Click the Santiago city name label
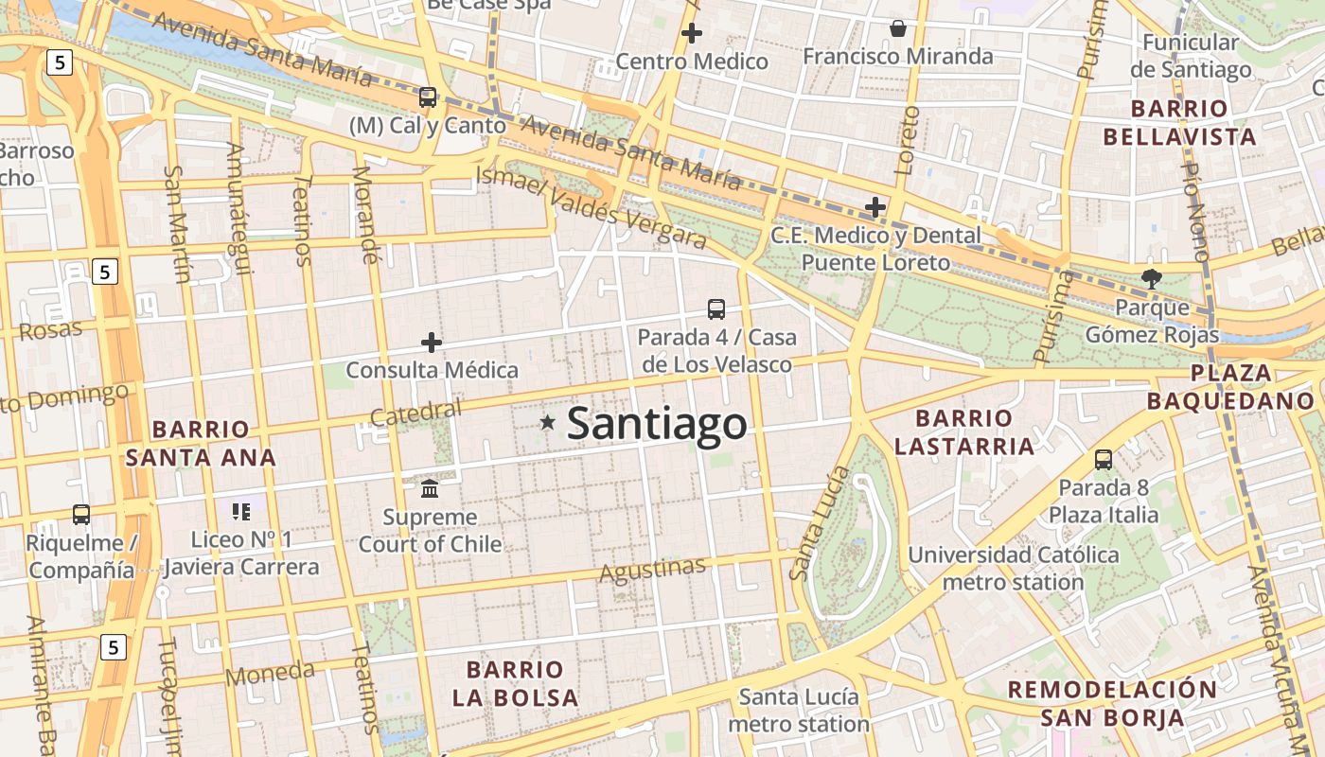point(657,423)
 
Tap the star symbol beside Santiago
point(547,422)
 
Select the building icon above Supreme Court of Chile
point(430,488)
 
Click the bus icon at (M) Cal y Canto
point(428,97)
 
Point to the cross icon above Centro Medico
point(692,33)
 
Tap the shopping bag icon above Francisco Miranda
point(898,28)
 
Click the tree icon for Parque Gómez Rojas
point(1151,278)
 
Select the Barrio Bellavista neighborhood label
point(1179,122)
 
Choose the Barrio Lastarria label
point(964,431)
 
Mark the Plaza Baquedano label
point(1230,386)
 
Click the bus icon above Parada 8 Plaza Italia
point(1104,460)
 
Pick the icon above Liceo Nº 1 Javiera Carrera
point(241,512)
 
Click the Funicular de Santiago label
point(1191,56)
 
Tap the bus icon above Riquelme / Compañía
point(81,515)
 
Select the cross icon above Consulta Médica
point(432,342)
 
